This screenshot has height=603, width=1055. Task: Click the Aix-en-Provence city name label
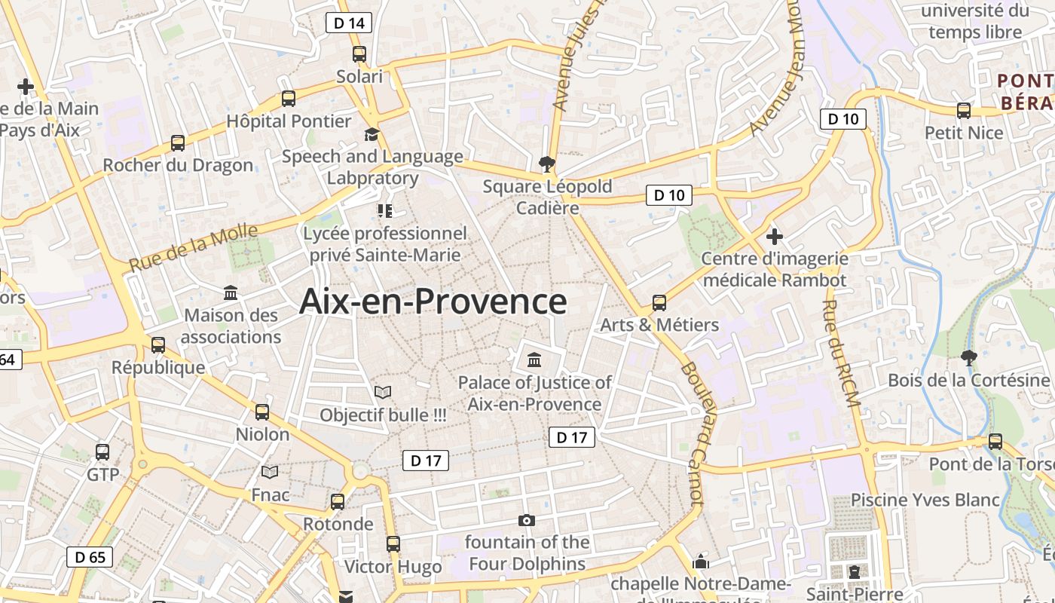[x=433, y=301]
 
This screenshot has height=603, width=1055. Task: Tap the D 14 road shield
[x=349, y=23]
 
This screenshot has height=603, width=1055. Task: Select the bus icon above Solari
[x=359, y=54]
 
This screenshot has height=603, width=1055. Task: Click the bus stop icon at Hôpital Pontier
[x=288, y=99]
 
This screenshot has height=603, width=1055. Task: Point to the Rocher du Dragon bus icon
[x=178, y=143]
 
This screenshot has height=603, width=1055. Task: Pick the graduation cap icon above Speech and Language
[x=372, y=134]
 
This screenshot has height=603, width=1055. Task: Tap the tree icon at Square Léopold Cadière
[x=547, y=164]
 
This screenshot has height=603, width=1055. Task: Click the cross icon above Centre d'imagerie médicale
[x=774, y=237]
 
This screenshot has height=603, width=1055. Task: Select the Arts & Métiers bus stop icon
[x=659, y=303]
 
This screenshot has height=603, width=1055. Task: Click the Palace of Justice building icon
[x=534, y=359]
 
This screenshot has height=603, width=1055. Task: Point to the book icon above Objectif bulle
[x=383, y=393]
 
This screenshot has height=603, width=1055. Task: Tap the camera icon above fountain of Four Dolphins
[x=527, y=520]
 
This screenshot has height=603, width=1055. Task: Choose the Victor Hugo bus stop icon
[x=393, y=544]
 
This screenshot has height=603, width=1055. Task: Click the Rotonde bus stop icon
[x=338, y=502]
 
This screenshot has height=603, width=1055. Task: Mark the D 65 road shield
[x=90, y=557]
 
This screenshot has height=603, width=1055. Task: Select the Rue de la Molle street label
[x=193, y=247]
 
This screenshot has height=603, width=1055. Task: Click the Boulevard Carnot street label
[x=691, y=433]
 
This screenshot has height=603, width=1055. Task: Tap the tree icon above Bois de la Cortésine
[x=968, y=357]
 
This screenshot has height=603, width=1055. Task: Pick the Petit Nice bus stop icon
[x=964, y=111]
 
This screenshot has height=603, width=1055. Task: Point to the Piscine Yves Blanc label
[x=925, y=500]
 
